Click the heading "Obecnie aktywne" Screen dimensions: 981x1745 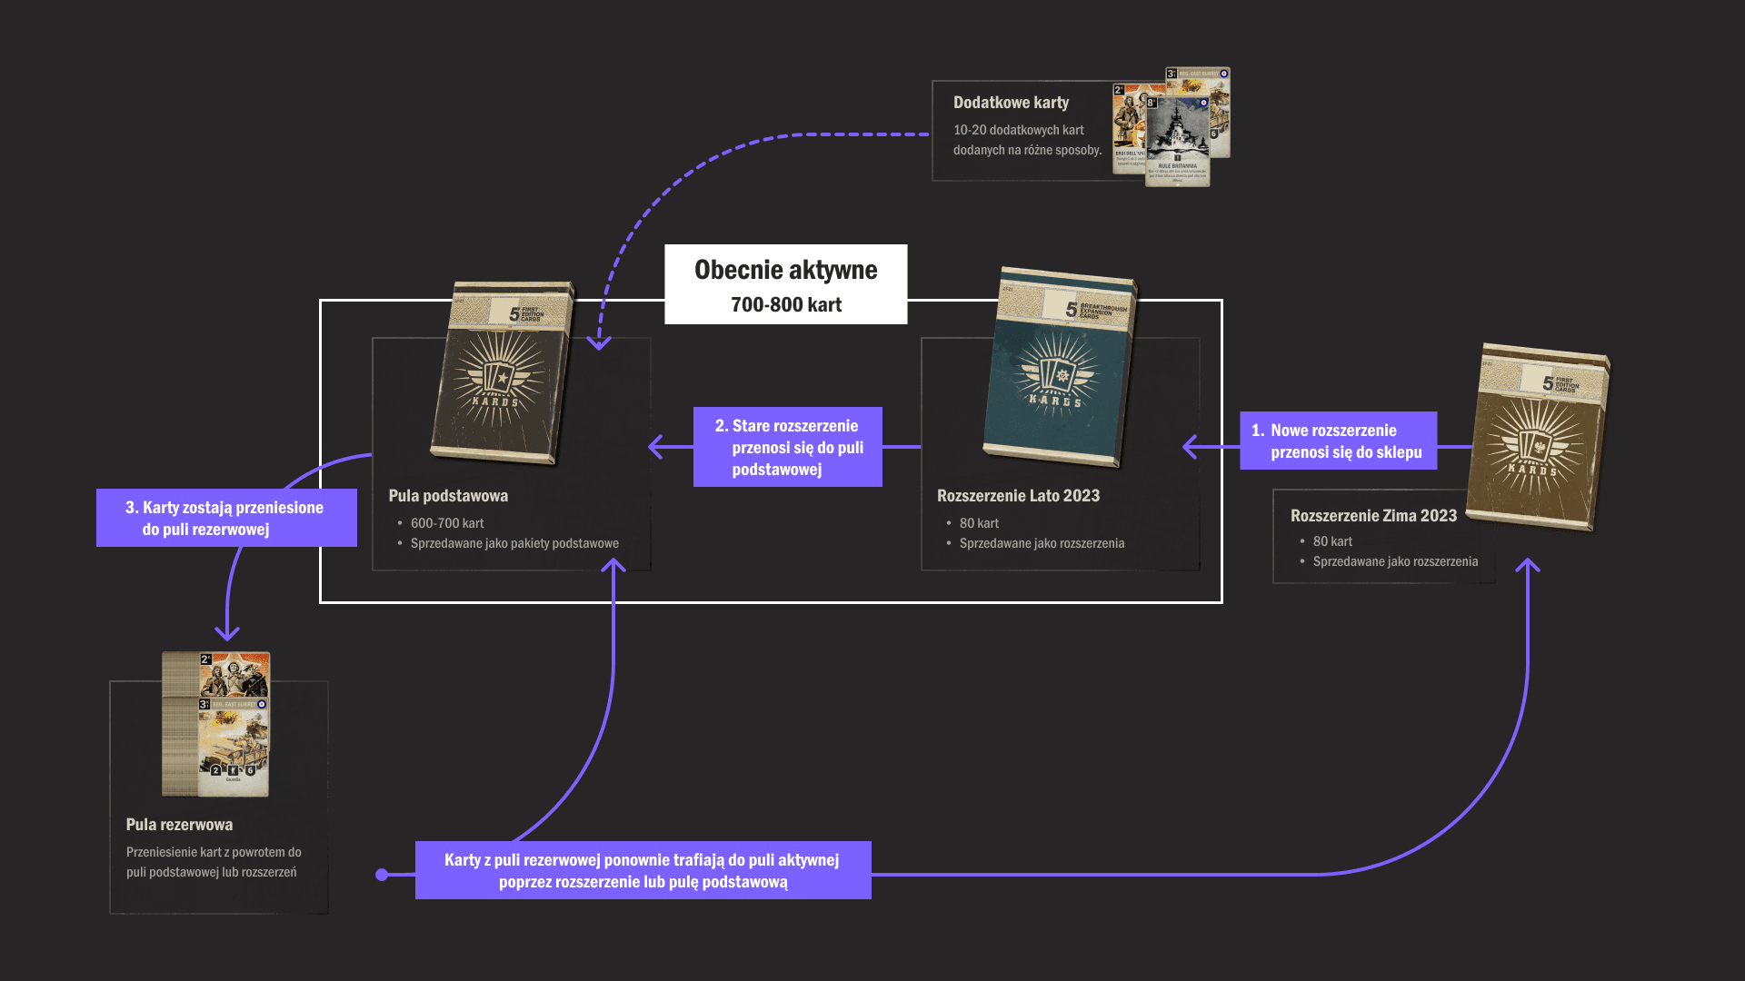[x=785, y=270]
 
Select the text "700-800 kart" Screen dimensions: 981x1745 [x=786, y=305]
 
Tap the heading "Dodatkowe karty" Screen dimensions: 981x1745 [x=1011, y=103]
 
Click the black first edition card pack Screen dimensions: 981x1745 [x=502, y=372]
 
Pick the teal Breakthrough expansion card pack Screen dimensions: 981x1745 [x=1059, y=368]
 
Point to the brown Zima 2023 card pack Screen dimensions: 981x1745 [x=1537, y=436]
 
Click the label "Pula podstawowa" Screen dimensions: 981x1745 [x=448, y=496]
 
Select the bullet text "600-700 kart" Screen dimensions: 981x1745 [x=447, y=523]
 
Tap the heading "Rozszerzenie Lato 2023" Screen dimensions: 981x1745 [x=1018, y=496]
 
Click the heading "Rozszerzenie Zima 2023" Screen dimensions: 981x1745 [x=1373, y=516]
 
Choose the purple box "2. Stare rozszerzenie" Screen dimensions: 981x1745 [x=787, y=447]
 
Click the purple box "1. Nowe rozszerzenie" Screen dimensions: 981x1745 [x=1338, y=441]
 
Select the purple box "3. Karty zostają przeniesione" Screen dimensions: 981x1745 [x=226, y=518]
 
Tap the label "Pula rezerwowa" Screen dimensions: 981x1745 [x=179, y=825]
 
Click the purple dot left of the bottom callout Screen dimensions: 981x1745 [x=382, y=875]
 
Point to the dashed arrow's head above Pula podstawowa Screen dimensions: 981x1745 [x=599, y=343]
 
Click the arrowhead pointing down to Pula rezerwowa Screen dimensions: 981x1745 [x=227, y=633]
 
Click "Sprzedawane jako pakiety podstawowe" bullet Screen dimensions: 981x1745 [x=514, y=543]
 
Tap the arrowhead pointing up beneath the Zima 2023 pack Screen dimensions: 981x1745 [x=1528, y=565]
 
